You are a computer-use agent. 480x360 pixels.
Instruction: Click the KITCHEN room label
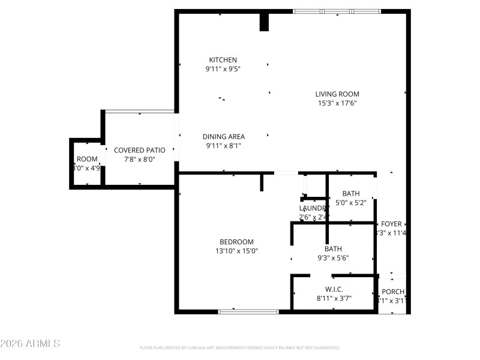tap(223, 60)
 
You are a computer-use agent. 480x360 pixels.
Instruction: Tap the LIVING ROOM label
tap(337, 94)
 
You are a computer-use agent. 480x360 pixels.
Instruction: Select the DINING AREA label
tap(223, 137)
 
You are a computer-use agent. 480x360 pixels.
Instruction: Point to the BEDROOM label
tap(236, 242)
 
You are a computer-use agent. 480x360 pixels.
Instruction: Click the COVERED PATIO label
tap(139, 150)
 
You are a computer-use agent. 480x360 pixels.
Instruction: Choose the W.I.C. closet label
tap(334, 289)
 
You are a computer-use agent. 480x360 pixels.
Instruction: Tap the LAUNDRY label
tap(313, 208)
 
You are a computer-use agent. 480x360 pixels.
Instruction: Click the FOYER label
tap(391, 224)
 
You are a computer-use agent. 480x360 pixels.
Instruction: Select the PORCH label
tap(393, 292)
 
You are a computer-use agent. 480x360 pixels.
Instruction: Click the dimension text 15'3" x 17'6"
tap(337, 103)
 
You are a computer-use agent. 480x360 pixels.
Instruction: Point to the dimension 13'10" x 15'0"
tap(236, 251)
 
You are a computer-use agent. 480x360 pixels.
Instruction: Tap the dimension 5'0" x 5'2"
tap(351, 203)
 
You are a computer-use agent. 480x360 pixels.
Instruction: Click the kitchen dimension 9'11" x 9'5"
tap(223, 69)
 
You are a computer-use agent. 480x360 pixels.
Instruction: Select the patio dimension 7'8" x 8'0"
tap(139, 160)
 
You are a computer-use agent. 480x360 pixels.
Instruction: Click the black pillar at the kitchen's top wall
tap(264, 22)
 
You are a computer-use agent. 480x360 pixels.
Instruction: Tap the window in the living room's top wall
tap(337, 11)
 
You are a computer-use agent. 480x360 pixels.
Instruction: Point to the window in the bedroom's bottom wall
tap(248, 311)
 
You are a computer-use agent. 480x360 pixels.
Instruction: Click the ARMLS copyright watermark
tap(30, 344)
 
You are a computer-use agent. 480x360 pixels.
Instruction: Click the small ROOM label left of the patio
tap(87, 159)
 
